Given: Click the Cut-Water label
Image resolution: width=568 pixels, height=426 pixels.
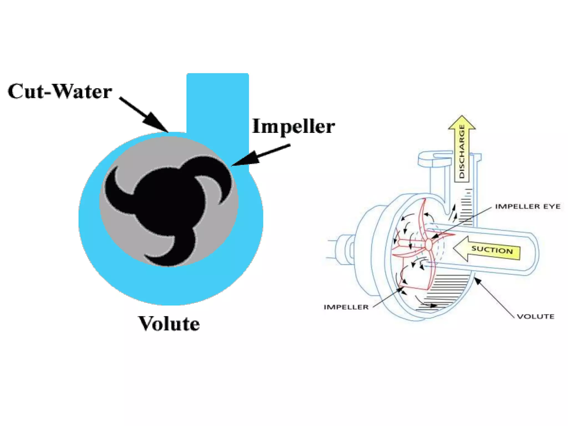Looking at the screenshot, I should pyautogui.click(x=60, y=91).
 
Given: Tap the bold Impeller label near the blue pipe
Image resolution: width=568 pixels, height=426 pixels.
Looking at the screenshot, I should pyautogui.click(x=293, y=126).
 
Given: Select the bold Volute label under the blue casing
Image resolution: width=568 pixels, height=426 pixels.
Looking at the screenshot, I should pyautogui.click(x=169, y=323).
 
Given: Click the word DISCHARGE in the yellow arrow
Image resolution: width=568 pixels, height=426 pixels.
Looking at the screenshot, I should pyautogui.click(x=462, y=151).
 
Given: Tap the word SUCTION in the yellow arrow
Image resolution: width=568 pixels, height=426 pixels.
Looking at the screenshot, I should pyautogui.click(x=492, y=250).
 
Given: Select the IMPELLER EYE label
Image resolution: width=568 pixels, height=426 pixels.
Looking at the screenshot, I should pyautogui.click(x=528, y=206).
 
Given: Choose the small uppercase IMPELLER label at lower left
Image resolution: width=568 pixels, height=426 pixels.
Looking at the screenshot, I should pyautogui.click(x=346, y=307).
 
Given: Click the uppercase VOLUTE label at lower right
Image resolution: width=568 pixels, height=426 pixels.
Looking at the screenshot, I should pyautogui.click(x=536, y=316).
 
